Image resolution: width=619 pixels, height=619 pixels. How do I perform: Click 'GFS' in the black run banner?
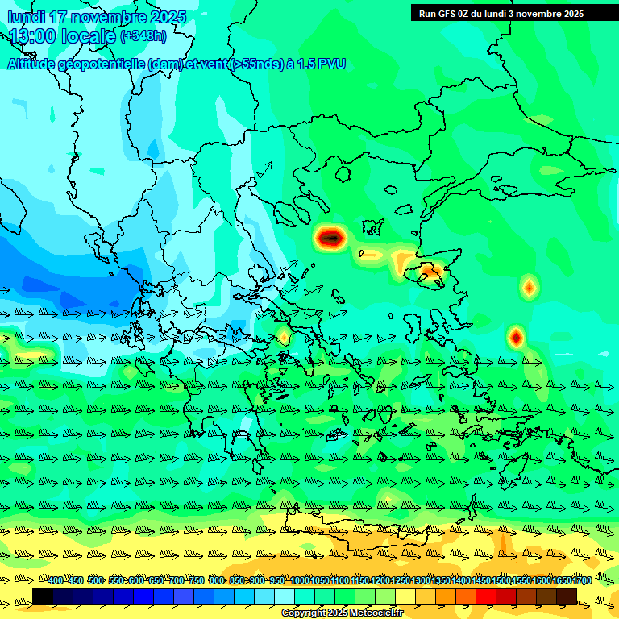click(x=455, y=13)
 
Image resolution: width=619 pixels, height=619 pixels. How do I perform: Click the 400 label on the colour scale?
click(x=56, y=580)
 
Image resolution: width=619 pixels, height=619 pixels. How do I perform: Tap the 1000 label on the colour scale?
click(x=299, y=580)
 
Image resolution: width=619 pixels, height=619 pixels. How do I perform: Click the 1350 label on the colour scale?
click(x=440, y=580)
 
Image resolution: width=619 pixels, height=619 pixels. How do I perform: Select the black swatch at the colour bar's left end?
click(x=43, y=596)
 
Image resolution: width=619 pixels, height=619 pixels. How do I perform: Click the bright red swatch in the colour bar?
click(x=486, y=596)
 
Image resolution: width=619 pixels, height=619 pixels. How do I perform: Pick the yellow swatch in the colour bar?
click(x=405, y=596)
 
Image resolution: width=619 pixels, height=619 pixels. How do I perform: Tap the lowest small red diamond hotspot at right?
click(x=516, y=336)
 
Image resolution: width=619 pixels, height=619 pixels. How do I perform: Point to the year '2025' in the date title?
click(x=167, y=17)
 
